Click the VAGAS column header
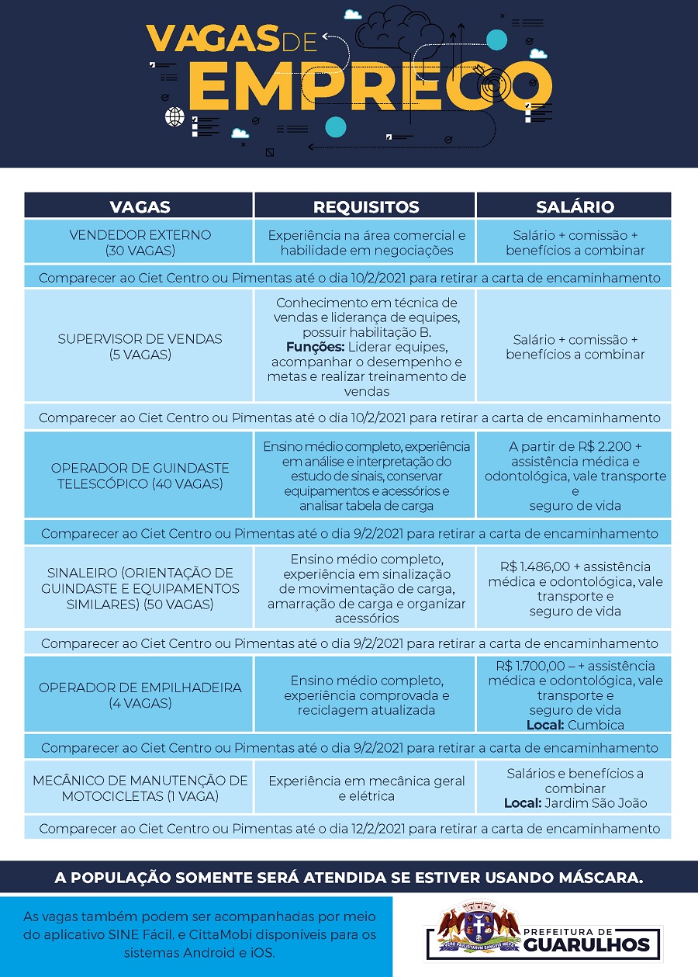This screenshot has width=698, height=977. pyautogui.click(x=140, y=206)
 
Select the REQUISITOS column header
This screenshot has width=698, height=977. pyautogui.click(x=366, y=206)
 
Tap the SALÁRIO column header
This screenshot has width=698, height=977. pyautogui.click(x=575, y=206)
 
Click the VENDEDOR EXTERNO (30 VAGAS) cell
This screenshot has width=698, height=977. pyautogui.click(x=140, y=242)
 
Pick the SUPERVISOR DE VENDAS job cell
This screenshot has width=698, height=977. pyautogui.click(x=140, y=346)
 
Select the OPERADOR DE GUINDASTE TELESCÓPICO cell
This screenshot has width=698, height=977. pyautogui.click(x=140, y=476)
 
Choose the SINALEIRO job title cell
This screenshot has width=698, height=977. pyautogui.click(x=140, y=587)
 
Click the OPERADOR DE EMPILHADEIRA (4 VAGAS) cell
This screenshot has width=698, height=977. pyautogui.click(x=140, y=695)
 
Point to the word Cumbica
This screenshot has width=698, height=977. pyautogui.click(x=596, y=725)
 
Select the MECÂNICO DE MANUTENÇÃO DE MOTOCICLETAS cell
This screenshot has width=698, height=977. pyautogui.click(x=140, y=788)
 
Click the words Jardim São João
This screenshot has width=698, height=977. pyautogui.click(x=596, y=803)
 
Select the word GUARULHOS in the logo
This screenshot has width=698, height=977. pyautogui.click(x=587, y=944)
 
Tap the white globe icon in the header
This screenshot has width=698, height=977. pyautogui.click(x=174, y=117)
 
